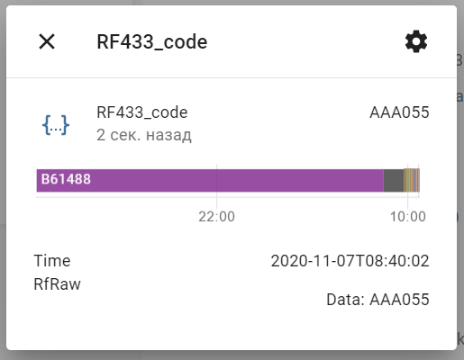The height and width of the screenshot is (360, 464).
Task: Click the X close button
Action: (x=47, y=41)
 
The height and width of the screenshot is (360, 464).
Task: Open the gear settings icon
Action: (x=416, y=41)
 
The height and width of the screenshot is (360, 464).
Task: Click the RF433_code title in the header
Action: (x=152, y=41)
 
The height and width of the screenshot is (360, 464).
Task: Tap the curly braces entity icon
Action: (x=56, y=124)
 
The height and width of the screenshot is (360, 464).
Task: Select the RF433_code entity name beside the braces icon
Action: (x=142, y=112)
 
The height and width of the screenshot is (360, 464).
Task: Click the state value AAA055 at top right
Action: (x=399, y=112)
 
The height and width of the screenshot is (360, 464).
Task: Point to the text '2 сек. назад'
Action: (x=144, y=135)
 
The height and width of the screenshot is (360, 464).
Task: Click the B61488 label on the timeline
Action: (x=66, y=179)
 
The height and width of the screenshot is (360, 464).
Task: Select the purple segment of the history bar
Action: (x=210, y=180)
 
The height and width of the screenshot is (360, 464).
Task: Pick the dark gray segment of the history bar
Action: (x=394, y=180)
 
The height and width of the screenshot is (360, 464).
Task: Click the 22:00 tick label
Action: (x=216, y=217)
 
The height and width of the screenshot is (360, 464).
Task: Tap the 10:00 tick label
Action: (x=407, y=217)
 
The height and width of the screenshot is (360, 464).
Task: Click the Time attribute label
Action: (x=52, y=261)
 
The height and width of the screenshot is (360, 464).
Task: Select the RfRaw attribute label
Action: (x=57, y=284)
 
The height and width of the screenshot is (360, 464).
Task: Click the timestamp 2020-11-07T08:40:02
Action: (x=350, y=261)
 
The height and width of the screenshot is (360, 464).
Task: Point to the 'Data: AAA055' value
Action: (x=378, y=300)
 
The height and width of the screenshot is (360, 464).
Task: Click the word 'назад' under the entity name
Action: (x=168, y=136)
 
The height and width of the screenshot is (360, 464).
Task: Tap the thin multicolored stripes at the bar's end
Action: (x=412, y=180)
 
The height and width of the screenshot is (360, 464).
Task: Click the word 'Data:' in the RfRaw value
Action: (x=345, y=300)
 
